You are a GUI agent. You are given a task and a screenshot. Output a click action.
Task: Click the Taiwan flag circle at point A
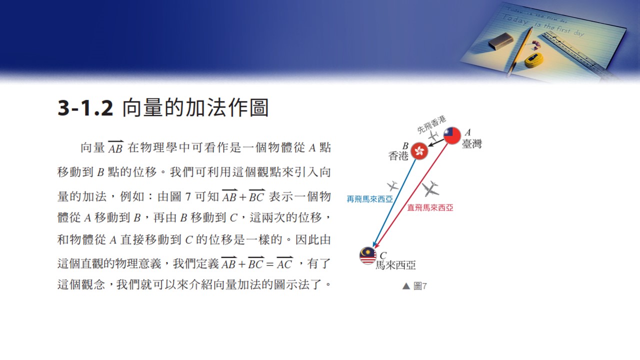[x=452, y=135]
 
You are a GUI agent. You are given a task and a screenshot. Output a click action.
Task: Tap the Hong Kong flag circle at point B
[x=419, y=151]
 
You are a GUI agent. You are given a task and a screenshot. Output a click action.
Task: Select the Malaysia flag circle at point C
[x=368, y=255]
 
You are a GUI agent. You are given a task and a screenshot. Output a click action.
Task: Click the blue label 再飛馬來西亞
[x=369, y=199]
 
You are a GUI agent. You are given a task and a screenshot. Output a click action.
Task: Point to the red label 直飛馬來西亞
[x=430, y=207]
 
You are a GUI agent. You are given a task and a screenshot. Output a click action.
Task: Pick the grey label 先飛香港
[x=431, y=124]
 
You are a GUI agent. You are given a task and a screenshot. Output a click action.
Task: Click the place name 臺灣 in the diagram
[x=471, y=143]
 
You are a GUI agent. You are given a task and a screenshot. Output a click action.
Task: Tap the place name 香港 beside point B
[x=398, y=155]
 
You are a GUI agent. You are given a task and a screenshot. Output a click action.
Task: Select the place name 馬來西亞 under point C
[x=395, y=265]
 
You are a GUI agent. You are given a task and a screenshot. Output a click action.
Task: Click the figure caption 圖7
[x=420, y=286]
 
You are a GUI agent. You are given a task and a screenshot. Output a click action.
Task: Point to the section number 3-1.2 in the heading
[x=85, y=108]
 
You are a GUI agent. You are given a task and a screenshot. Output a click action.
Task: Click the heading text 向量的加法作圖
[x=195, y=107]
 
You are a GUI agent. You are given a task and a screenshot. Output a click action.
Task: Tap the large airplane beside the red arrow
[x=430, y=188]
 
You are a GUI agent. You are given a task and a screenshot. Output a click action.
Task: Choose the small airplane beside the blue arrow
[x=392, y=185]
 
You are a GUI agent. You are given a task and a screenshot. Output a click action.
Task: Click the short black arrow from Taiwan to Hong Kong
[x=436, y=142]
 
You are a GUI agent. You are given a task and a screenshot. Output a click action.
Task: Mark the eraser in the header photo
[x=500, y=41]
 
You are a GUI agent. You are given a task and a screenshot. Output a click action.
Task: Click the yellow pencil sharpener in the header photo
[x=533, y=60]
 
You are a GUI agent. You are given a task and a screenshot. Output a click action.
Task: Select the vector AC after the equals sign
[x=284, y=263]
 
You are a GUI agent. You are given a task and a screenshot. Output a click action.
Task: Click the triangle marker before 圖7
[x=406, y=286]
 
